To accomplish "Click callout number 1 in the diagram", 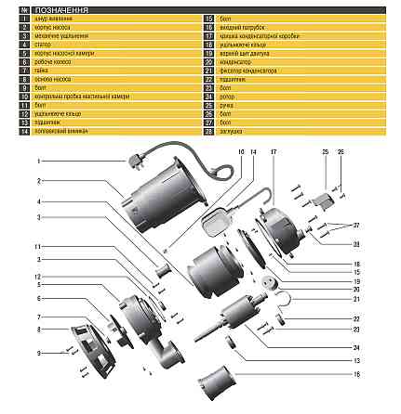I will [39, 161].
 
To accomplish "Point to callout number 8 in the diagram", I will [39, 330].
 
